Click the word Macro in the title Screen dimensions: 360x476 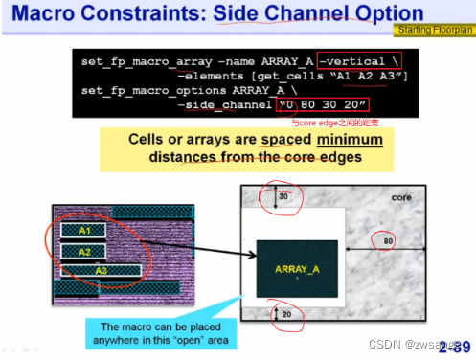tap(43, 13)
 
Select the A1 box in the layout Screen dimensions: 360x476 tap(85, 231)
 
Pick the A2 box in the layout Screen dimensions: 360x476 tap(85, 251)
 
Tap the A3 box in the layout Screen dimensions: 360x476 tap(100, 270)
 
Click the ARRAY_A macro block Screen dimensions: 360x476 tap(297, 269)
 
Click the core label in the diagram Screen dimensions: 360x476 tap(401, 197)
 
